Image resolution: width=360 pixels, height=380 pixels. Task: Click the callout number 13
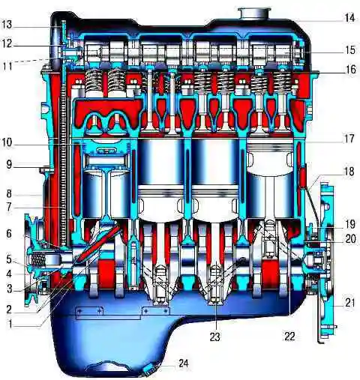click(x=7, y=24)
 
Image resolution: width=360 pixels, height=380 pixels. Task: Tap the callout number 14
click(x=349, y=18)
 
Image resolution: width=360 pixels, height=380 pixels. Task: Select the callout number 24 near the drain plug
click(x=184, y=364)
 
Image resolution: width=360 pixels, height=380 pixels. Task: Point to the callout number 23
click(x=214, y=337)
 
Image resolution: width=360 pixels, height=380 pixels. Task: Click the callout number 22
click(x=289, y=337)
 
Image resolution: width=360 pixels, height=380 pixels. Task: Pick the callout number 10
click(x=7, y=142)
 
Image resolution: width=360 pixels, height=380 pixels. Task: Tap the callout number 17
click(x=349, y=139)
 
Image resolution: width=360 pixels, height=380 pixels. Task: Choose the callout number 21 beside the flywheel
click(x=349, y=303)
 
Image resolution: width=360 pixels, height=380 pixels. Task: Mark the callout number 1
click(x=10, y=325)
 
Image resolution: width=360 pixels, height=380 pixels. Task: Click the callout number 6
click(x=9, y=234)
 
